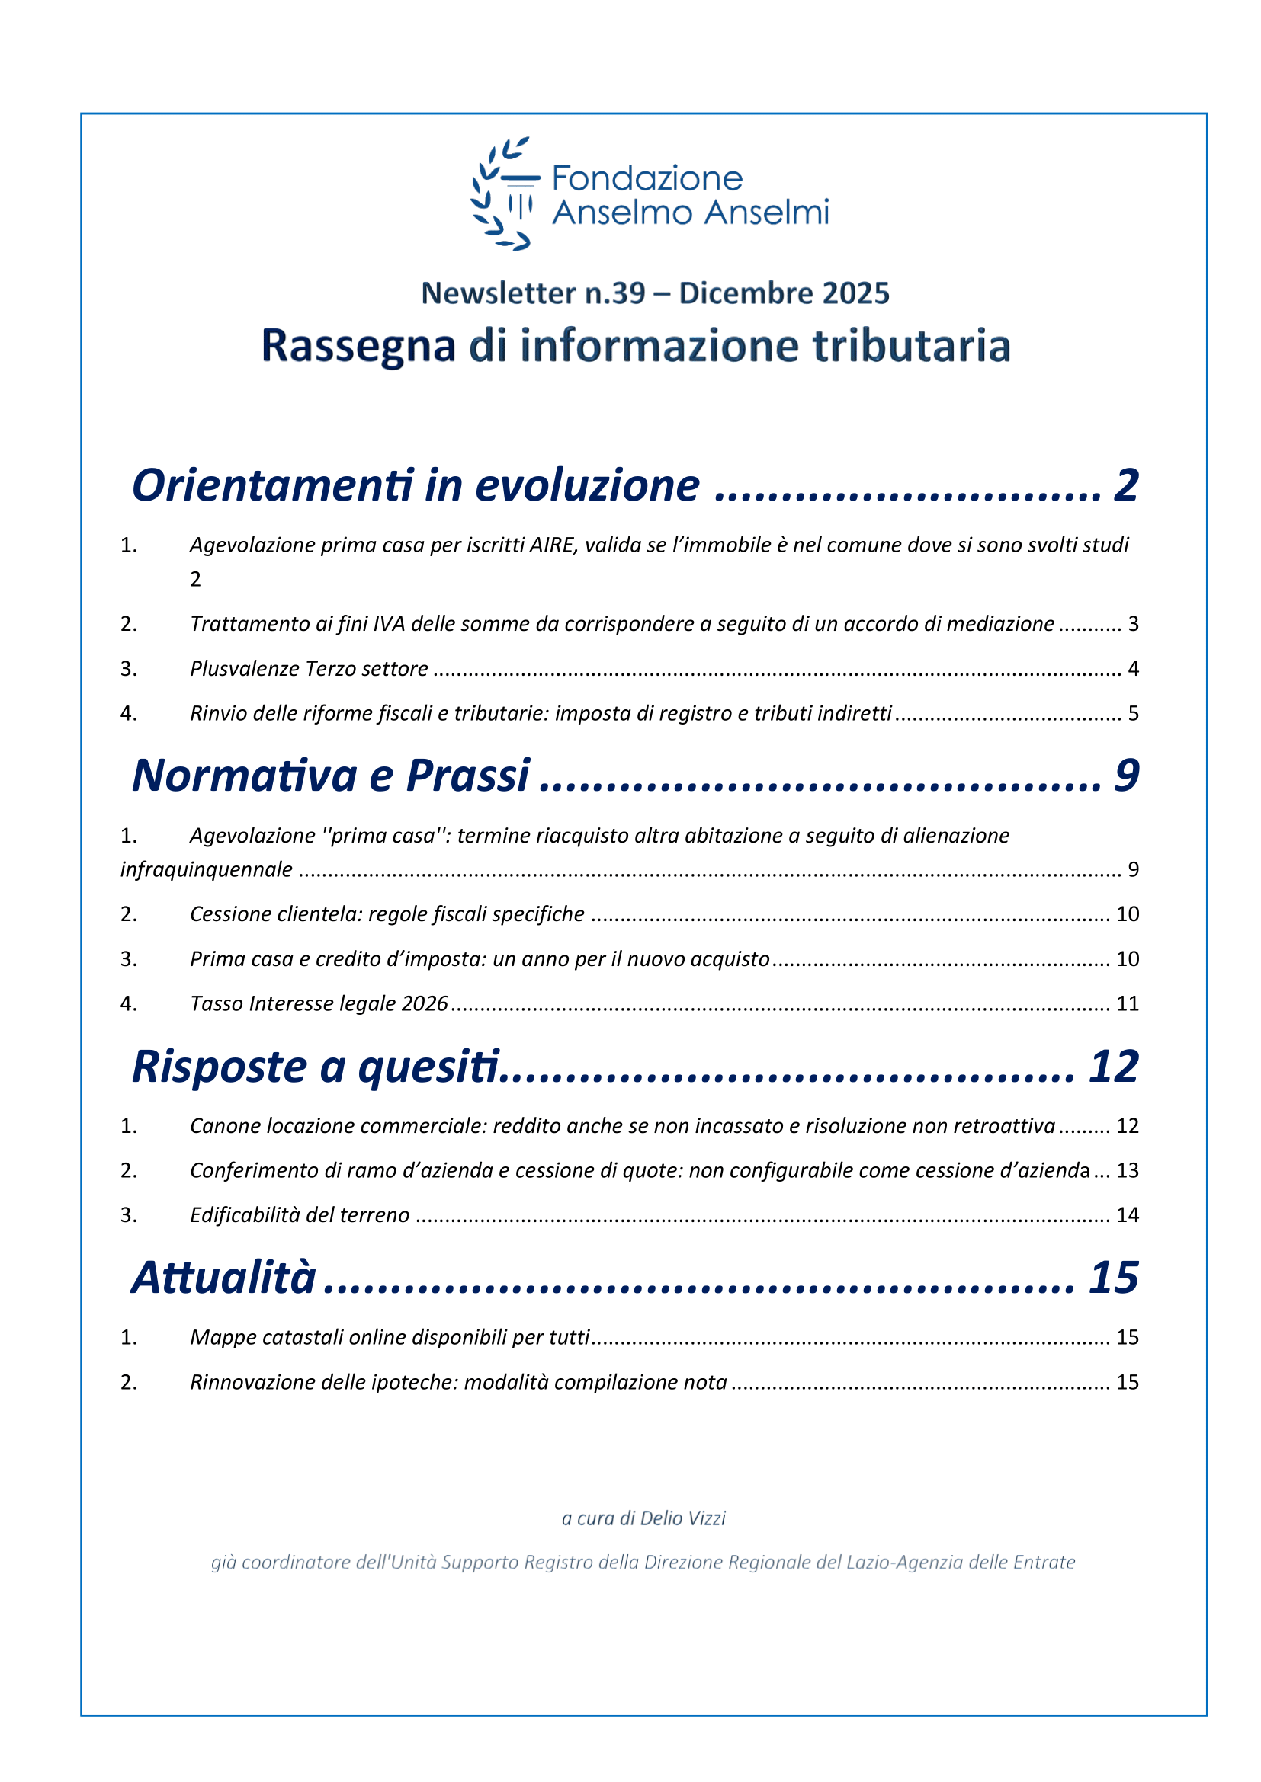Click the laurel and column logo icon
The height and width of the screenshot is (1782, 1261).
(503, 194)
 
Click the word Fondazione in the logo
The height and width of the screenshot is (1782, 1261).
(647, 178)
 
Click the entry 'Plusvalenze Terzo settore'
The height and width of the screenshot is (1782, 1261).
(309, 669)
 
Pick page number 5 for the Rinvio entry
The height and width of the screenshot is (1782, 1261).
(1133, 713)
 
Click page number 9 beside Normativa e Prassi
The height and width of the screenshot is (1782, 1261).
(1126, 776)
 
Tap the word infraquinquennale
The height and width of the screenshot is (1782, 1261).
(207, 869)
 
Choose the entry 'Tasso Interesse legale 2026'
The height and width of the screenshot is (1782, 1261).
(319, 1003)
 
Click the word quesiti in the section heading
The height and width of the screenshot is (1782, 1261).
(428, 1067)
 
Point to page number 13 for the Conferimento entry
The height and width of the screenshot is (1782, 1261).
(1127, 1170)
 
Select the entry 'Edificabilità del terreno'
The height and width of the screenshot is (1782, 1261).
(300, 1214)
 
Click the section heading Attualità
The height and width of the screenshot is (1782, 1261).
(223, 1278)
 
